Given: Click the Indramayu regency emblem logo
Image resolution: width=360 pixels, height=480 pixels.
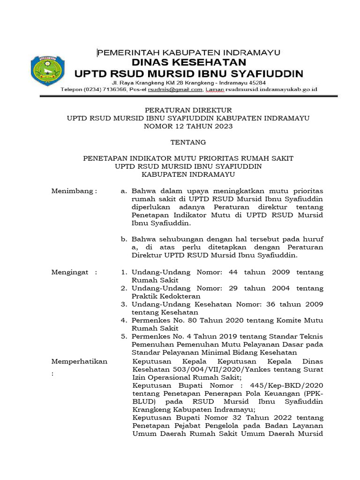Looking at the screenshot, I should tap(45, 71).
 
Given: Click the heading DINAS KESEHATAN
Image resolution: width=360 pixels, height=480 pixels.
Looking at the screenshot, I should tap(189, 62).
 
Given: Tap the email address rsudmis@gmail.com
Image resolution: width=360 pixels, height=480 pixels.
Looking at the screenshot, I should tap(176, 89).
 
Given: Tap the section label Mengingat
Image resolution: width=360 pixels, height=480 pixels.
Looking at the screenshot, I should tap(74, 272).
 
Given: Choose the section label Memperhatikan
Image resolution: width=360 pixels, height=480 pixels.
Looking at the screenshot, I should tap(79, 361).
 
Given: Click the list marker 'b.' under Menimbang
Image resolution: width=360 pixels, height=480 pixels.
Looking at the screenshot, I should tap(124, 239).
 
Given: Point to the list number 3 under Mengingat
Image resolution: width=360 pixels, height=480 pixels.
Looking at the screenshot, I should tap(124, 304).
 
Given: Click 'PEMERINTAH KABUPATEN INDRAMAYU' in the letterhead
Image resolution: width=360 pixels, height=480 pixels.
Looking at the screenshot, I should tap(188, 52).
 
